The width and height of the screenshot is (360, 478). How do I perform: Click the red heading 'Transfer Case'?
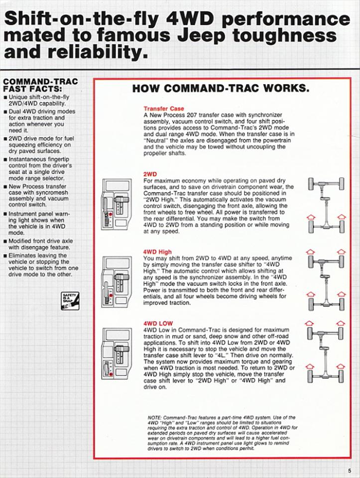[x=163, y=109]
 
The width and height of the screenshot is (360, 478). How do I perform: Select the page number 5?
[x=350, y=470]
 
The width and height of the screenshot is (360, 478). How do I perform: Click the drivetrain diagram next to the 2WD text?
[x=326, y=204]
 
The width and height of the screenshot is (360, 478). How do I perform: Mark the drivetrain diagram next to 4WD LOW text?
[x=326, y=353]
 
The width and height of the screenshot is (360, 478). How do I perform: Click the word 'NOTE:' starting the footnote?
[x=155, y=417]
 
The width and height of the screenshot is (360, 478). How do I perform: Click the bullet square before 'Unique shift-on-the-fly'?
[x=5, y=97]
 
